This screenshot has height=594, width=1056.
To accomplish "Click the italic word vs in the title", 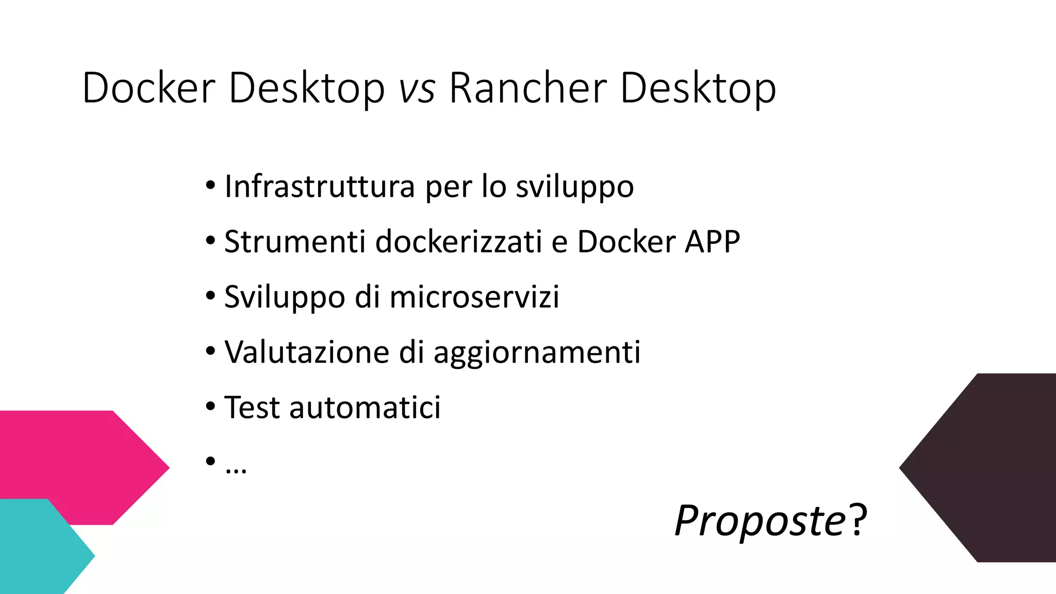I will pos(417,89).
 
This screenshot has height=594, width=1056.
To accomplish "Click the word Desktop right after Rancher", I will pos(698,89).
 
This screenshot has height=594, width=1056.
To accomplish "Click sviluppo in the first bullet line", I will pos(574,187).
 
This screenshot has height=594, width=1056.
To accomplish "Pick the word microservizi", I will pos(474,297).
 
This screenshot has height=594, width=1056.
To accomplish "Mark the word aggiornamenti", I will pos(537,353).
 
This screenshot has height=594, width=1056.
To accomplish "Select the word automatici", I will pos(365,407).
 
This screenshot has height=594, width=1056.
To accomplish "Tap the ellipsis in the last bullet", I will pos(236,470).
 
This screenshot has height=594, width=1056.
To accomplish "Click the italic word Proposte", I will pos(760,521).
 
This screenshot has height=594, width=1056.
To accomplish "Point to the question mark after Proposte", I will pos(859,521).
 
